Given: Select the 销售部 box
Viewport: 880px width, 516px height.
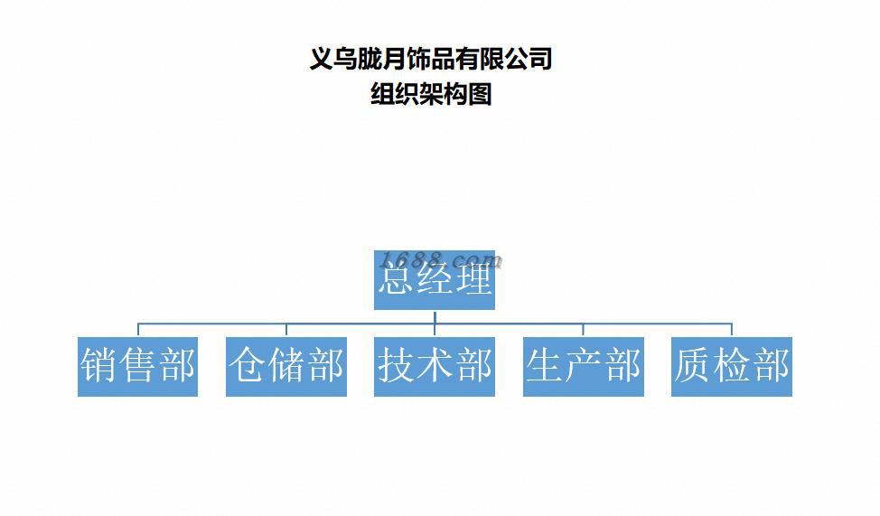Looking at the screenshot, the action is [x=137, y=366].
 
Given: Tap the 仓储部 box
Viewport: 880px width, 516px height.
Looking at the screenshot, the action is [x=286, y=366].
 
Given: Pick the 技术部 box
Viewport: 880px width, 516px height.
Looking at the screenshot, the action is [x=434, y=366].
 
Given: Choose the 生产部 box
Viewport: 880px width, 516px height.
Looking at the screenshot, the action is [x=583, y=366].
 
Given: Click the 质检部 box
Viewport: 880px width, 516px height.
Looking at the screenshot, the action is [x=731, y=366].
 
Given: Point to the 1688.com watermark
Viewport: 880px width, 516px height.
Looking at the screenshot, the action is [x=442, y=260].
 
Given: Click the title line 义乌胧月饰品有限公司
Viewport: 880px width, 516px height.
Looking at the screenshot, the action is [x=431, y=59].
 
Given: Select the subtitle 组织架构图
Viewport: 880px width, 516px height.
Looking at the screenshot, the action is [x=431, y=93].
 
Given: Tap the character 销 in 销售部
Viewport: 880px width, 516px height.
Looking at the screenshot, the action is [x=99, y=366].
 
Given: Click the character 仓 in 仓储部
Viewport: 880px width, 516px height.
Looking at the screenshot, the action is [x=248, y=366].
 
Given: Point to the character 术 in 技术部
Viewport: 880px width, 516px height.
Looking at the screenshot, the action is [x=435, y=366].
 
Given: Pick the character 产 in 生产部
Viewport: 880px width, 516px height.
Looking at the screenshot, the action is [x=584, y=366].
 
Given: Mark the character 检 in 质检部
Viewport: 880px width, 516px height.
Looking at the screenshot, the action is [x=732, y=366].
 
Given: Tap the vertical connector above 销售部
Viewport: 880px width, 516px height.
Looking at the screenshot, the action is [x=138, y=330].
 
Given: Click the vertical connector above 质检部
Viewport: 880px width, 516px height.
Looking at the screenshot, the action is [x=731, y=330].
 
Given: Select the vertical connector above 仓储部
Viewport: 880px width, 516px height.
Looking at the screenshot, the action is [x=286, y=330].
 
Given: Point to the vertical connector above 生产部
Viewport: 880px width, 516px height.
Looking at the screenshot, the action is [x=583, y=330].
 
